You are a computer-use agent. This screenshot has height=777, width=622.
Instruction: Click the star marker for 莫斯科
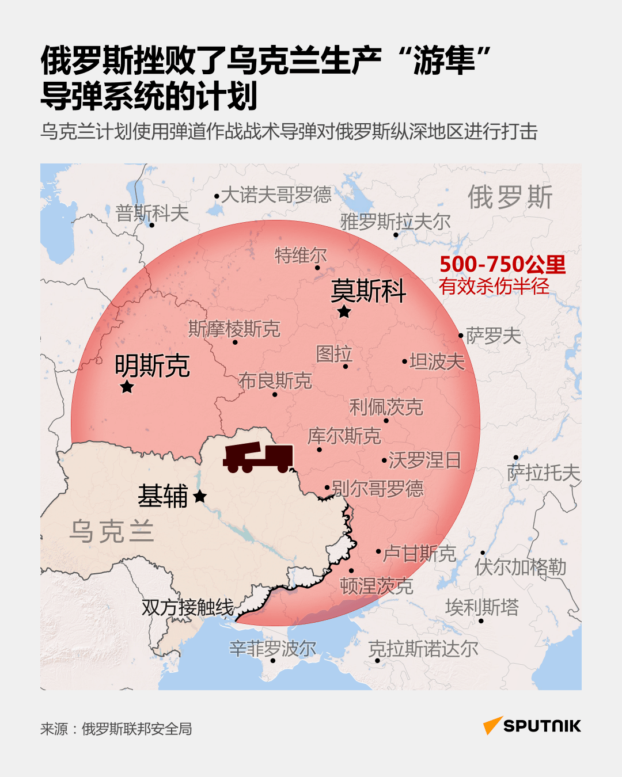pos(344,312)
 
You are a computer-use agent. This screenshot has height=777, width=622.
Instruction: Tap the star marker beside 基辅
pos(200,496)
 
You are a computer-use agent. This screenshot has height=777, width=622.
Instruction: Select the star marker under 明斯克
pos(127,387)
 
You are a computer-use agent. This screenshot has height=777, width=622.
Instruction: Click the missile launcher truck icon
pos(259,458)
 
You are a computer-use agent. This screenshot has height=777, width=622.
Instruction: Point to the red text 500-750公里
pos(502,264)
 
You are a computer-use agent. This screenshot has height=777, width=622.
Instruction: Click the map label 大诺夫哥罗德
pos(276,195)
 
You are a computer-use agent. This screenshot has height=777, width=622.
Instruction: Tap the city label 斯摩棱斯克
pos(234,329)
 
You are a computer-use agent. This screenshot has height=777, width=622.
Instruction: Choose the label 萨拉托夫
pos(543,473)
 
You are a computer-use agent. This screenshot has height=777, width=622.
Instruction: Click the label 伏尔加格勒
pos(520,567)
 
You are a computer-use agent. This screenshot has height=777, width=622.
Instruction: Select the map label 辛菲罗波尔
pos(273,649)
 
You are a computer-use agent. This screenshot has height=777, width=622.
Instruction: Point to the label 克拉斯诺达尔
pos(423,649)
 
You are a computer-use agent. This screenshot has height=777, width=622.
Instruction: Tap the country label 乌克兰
pos(112,531)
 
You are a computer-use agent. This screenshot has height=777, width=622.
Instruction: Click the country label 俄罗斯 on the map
pos(510,197)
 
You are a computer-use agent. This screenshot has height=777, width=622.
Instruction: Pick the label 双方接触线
pos(188,607)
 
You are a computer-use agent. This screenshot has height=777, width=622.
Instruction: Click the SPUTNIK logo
pos(532,726)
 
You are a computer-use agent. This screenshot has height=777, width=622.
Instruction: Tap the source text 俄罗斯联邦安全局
pos(136,729)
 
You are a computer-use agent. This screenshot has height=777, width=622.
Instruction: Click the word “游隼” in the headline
pos(444,61)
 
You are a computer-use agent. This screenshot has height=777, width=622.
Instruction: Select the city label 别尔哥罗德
pos(378,489)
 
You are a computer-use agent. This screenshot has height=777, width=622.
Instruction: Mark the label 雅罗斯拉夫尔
pos(395,222)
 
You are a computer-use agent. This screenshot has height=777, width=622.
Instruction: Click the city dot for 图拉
pos(346,367)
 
